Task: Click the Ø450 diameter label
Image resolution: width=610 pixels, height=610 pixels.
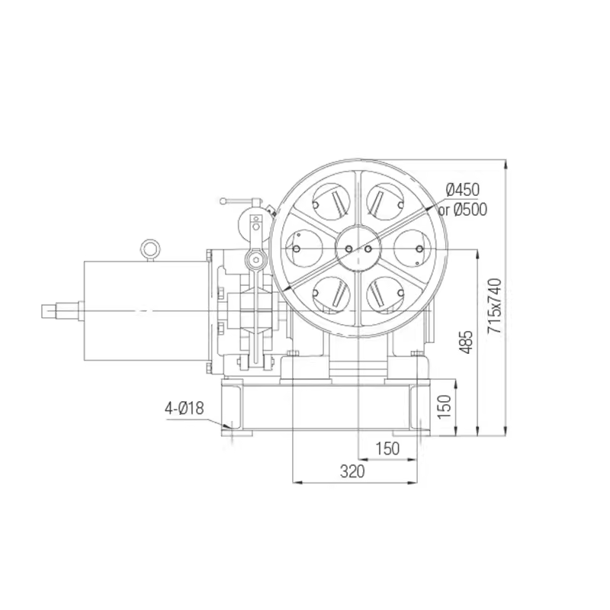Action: tap(463, 190)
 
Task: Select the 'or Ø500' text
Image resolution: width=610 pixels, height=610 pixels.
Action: tap(463, 210)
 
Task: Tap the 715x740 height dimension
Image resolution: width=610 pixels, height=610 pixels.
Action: tap(495, 306)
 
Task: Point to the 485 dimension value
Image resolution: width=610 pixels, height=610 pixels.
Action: tap(466, 342)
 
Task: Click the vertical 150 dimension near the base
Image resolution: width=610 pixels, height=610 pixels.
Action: tap(444, 406)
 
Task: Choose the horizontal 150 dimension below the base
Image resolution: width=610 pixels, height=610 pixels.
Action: tap(388, 448)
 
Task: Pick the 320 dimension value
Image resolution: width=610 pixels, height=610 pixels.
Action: tap(352, 471)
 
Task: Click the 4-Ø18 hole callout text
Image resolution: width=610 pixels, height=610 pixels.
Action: tap(184, 409)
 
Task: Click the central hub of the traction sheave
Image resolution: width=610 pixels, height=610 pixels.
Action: tap(358, 248)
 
